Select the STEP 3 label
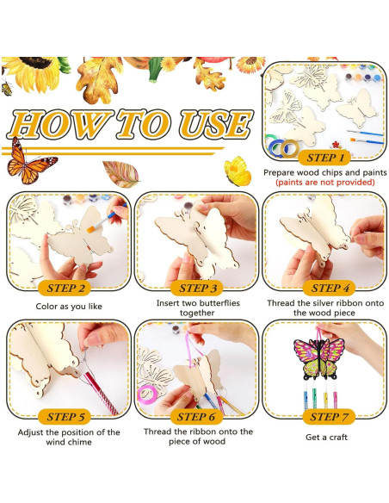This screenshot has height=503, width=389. coord(197,288)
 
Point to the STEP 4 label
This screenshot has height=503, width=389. coord(326,288)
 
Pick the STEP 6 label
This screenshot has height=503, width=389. coord(197,417)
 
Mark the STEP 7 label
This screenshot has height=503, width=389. coord(326,417)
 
